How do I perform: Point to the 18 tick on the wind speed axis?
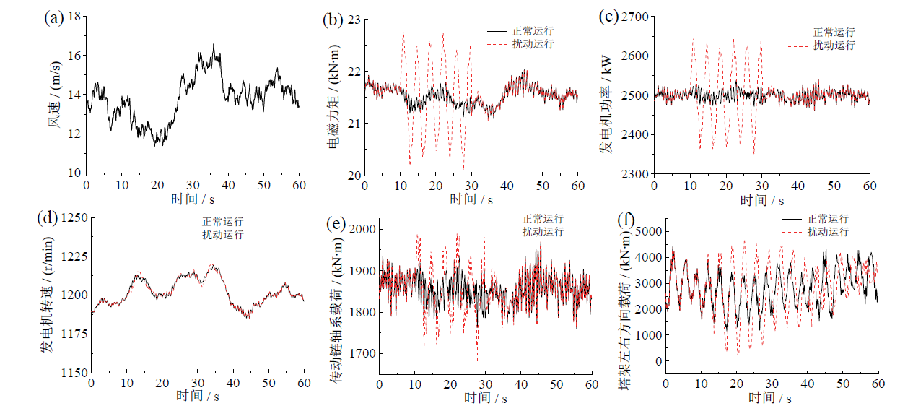tap(74, 17)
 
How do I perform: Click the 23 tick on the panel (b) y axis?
tap(352, 20)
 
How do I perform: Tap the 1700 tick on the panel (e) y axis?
tap(362, 354)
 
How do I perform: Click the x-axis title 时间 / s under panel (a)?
tap(191, 199)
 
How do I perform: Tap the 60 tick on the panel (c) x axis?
tap(870, 186)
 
